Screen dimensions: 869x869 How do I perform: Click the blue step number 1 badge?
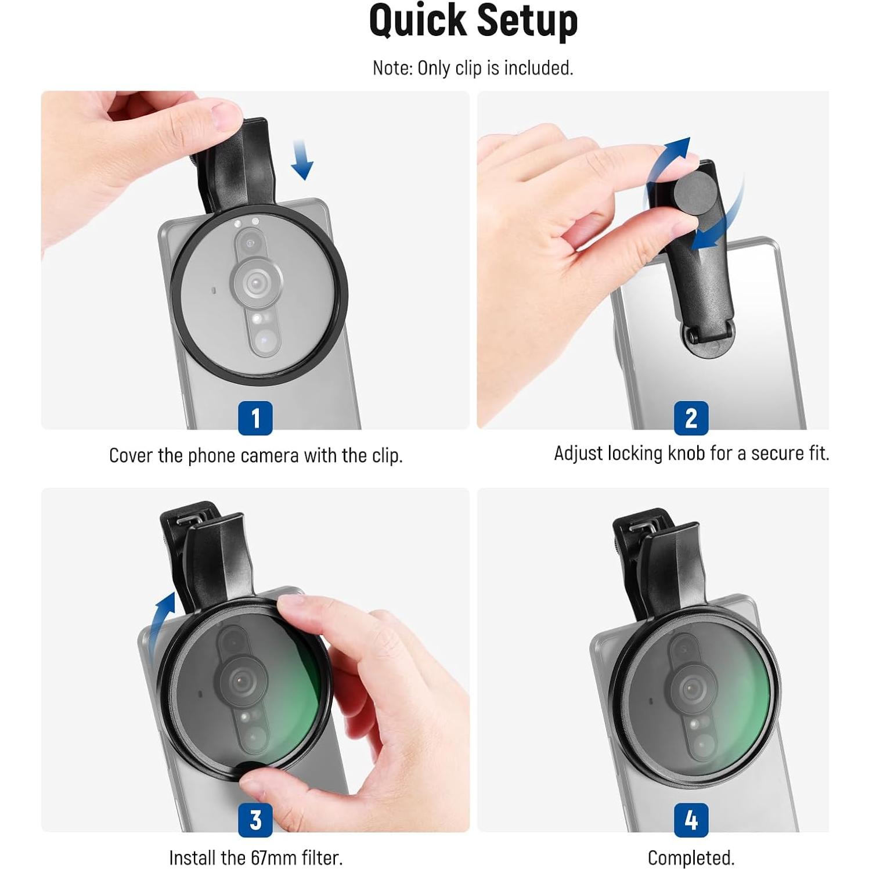point(255,417)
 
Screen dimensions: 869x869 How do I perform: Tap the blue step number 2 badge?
point(691,417)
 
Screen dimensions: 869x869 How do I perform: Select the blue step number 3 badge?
point(255,820)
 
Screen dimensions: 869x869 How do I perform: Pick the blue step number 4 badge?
point(691,820)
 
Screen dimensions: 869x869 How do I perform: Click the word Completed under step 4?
point(691,858)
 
